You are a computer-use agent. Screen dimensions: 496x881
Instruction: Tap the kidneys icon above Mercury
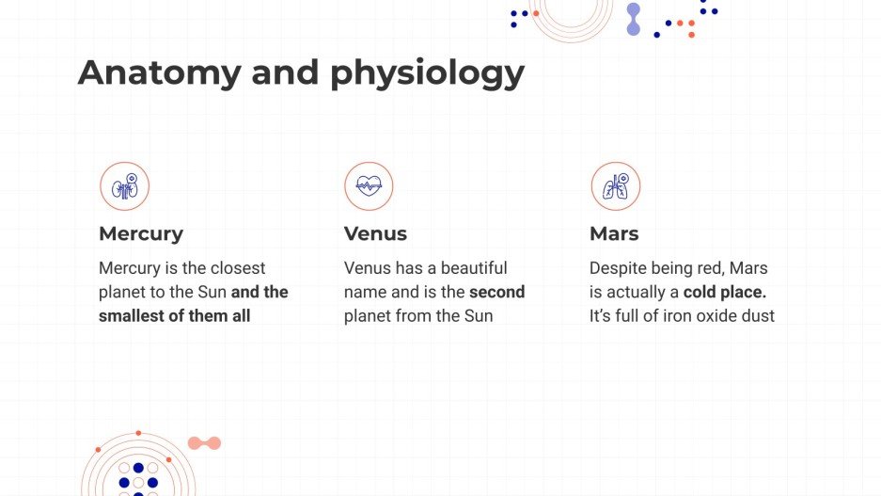coord(125,186)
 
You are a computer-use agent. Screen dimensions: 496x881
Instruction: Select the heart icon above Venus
coord(369,186)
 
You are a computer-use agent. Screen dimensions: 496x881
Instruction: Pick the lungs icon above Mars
coord(615,186)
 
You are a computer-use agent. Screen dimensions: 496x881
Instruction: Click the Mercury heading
coord(141,233)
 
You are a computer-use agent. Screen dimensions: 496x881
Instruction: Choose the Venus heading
coord(375,233)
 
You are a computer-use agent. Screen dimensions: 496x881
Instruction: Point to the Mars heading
coord(614,233)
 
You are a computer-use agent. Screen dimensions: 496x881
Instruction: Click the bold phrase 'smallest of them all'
coord(175,316)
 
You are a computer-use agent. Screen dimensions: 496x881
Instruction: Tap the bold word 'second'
coord(496,292)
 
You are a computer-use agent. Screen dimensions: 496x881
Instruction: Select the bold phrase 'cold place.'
coord(725,292)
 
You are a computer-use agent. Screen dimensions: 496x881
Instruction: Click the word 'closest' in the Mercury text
coord(238,268)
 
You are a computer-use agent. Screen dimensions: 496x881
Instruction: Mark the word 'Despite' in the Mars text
coord(617,268)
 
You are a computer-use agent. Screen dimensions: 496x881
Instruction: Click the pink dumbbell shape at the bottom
coord(204,443)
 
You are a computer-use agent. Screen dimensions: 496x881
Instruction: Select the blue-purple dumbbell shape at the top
coord(633,19)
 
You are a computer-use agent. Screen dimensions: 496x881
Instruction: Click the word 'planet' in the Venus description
coord(370,316)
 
